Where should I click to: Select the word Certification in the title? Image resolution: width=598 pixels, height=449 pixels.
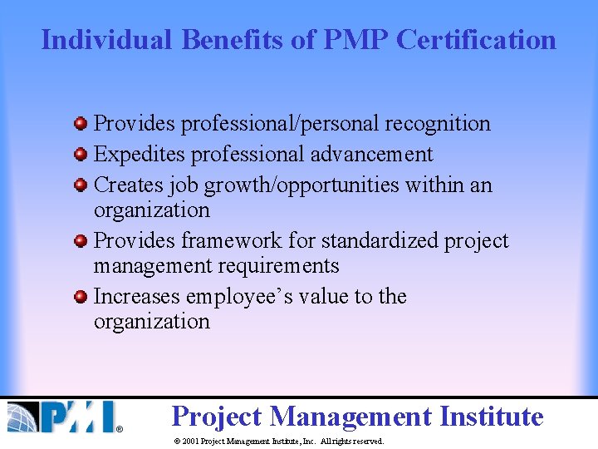pos(476,39)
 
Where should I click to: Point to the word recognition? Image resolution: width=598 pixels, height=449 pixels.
pos(437,124)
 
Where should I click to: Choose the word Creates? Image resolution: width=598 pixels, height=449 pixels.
pos(127,185)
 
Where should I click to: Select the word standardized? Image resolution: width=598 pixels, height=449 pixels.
pos(380,241)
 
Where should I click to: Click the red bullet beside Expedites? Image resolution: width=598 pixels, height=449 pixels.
pos(81,155)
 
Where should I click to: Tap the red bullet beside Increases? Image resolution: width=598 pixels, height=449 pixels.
pos(81,297)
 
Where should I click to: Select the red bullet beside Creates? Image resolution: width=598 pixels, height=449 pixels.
pos(81,185)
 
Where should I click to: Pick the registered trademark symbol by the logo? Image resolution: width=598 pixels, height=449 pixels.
pos(119,429)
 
